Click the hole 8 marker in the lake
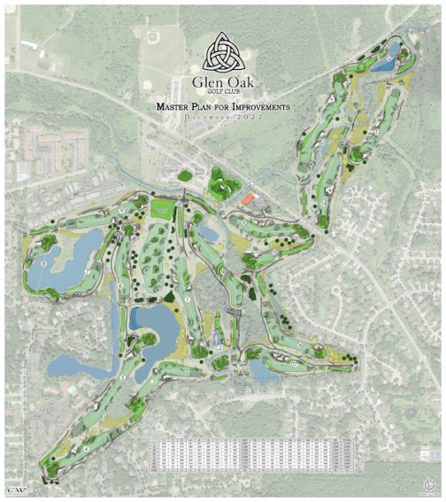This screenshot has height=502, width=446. (x=43, y=263)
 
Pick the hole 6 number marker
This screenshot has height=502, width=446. (x=119, y=285)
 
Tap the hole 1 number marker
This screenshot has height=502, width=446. (x=188, y=300)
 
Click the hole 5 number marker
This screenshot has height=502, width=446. (x=123, y=377)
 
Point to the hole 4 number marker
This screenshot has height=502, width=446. (x=86, y=449)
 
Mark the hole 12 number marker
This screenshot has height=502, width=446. (x=375, y=130)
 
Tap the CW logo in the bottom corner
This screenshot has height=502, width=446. (x=12, y=488)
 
